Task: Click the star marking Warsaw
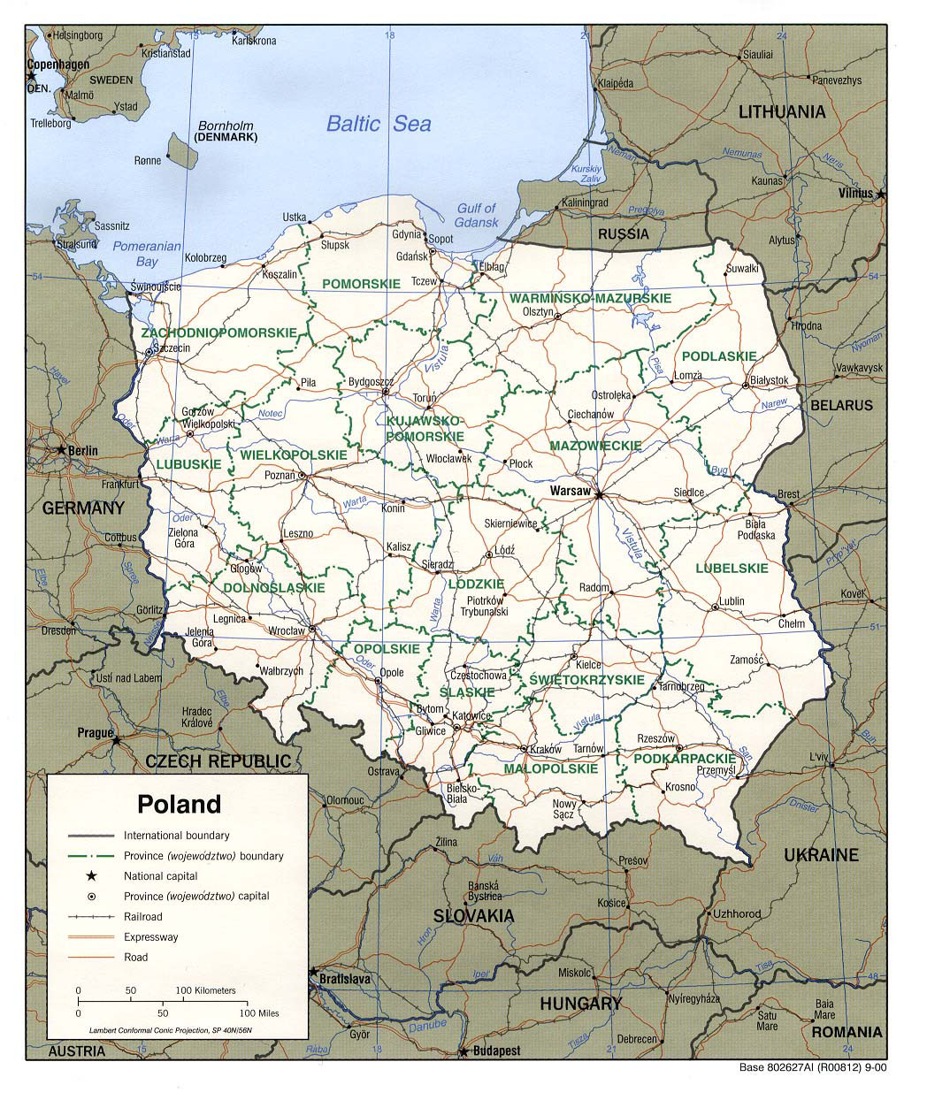pyautogui.click(x=599, y=496)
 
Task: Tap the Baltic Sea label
pyautogui.click(x=379, y=123)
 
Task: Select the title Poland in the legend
pyautogui.click(x=179, y=804)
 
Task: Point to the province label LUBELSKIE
pyautogui.click(x=732, y=568)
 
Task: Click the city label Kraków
pyautogui.click(x=545, y=749)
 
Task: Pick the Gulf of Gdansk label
pyautogui.click(x=476, y=215)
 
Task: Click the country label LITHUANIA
pyautogui.click(x=782, y=111)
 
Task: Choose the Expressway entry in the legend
pyautogui.click(x=150, y=936)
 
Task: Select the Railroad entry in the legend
pyautogui.click(x=142, y=916)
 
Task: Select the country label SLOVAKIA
pyautogui.click(x=473, y=915)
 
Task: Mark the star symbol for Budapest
pyautogui.click(x=462, y=1052)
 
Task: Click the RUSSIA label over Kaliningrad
pyautogui.click(x=623, y=234)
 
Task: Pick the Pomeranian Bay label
pyautogui.click(x=147, y=254)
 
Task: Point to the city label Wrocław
pyautogui.click(x=287, y=630)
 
